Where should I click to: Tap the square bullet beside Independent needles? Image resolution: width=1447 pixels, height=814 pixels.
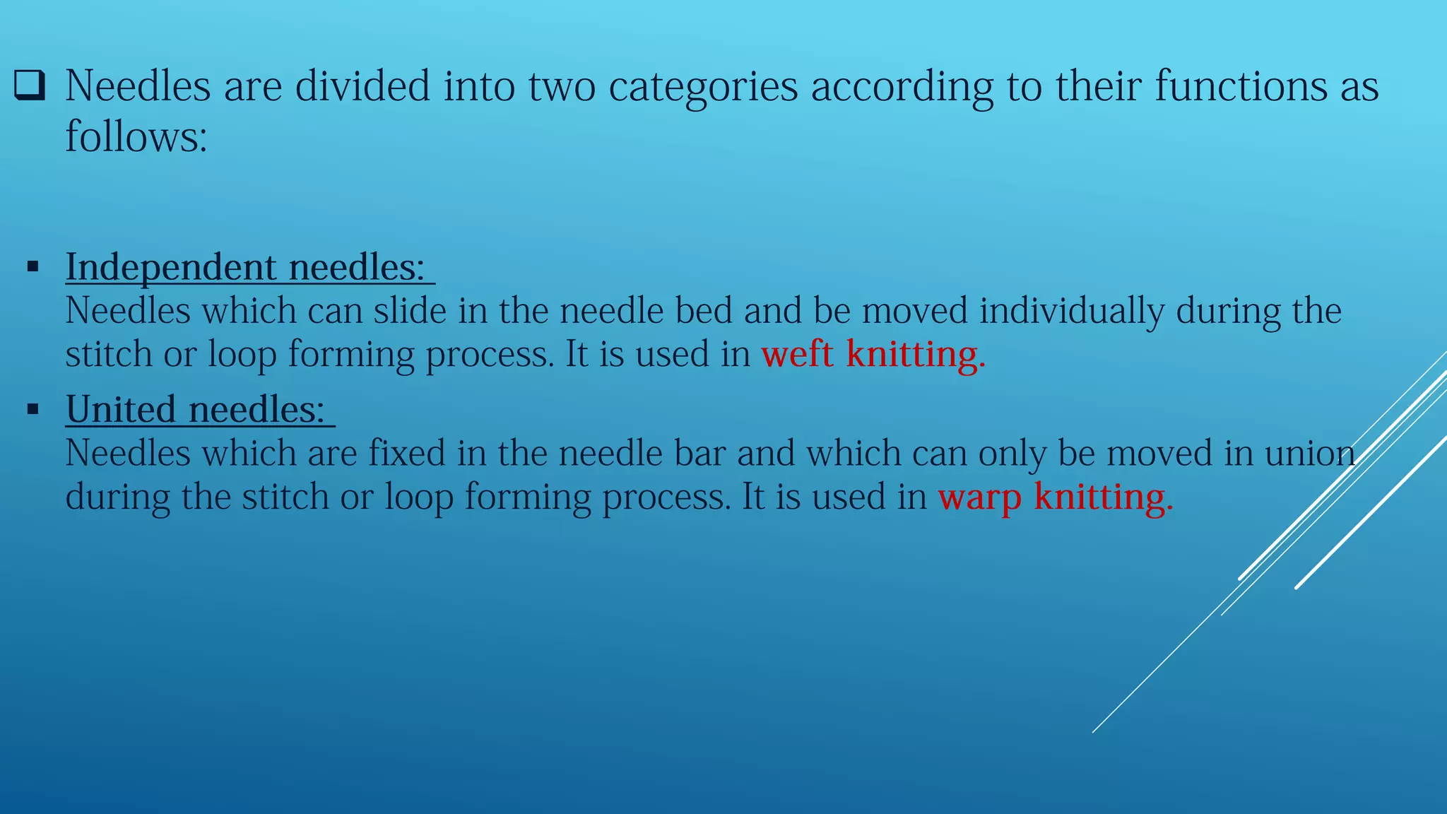tap(33, 267)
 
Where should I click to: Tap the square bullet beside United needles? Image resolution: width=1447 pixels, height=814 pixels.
tap(33, 409)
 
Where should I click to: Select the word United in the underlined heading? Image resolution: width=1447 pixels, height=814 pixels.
tap(121, 410)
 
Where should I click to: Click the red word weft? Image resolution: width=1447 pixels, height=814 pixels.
tap(797, 354)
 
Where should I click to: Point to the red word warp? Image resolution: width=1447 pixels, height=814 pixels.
tap(979, 497)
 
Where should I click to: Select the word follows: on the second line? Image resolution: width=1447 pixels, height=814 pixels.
tap(136, 137)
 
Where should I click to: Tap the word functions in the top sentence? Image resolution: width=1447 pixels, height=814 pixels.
tap(1241, 86)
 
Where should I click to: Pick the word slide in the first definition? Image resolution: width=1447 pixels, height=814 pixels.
tap(410, 311)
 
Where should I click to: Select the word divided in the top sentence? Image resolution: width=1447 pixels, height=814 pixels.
tap(362, 86)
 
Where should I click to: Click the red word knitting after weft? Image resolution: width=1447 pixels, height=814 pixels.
tap(915, 354)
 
